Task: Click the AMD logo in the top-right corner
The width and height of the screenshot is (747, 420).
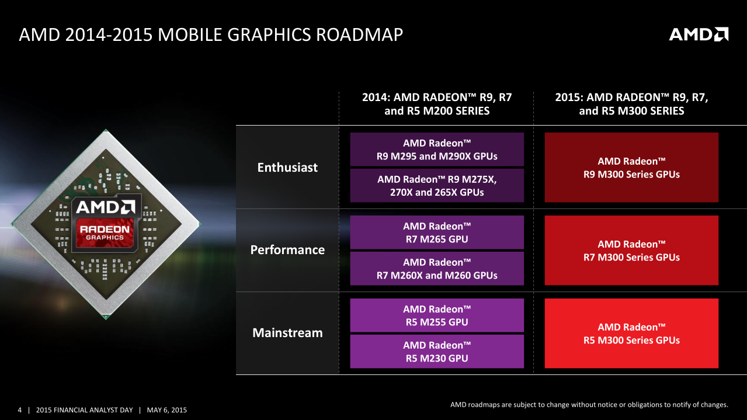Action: [x=699, y=34]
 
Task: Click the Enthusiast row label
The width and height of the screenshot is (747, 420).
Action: [x=287, y=168]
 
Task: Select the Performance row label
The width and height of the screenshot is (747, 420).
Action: [x=287, y=250]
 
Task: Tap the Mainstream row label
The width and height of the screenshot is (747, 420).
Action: [x=287, y=333]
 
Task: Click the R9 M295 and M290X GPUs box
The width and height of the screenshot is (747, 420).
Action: [x=437, y=150]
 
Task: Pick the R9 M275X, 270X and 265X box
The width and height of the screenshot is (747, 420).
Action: [x=437, y=185]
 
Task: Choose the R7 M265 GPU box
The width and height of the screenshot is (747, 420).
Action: [x=437, y=232]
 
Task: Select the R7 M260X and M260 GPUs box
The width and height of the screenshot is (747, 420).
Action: [x=437, y=269]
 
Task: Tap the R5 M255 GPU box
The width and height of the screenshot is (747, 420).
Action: [x=437, y=315]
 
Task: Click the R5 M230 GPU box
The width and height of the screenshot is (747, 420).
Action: [x=437, y=352]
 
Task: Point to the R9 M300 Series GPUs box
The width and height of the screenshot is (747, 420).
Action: [x=631, y=168]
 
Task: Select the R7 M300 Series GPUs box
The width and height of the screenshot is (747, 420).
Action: [x=631, y=251]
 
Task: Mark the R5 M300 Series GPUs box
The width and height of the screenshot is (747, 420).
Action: [x=631, y=334]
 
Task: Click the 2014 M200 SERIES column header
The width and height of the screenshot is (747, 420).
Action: [x=437, y=104]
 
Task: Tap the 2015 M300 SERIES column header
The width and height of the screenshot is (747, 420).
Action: [x=631, y=104]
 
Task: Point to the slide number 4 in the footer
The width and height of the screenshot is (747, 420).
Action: [x=20, y=410]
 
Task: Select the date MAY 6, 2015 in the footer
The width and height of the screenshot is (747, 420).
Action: [x=167, y=410]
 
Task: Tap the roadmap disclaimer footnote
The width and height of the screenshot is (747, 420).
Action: [x=589, y=404]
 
